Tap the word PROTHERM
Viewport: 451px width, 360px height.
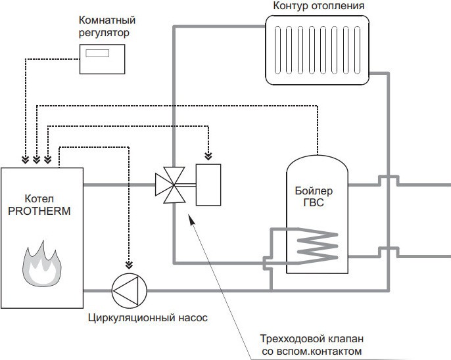pos(41,211)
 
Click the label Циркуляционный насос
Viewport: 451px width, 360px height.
pos(147,318)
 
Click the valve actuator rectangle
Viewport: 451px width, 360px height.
pos(209,185)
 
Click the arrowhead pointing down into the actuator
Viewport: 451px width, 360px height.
pos(209,156)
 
